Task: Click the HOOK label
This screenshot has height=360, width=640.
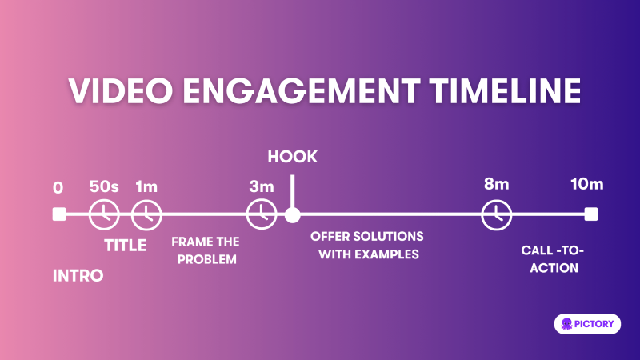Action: coord(293,156)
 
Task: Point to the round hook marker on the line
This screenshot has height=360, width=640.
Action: coord(293,214)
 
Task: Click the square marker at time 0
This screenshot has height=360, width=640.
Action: coord(58,214)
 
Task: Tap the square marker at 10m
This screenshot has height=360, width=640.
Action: coord(590,214)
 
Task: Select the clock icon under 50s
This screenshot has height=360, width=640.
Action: coord(104,214)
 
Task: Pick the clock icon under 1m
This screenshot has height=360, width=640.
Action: coord(146,214)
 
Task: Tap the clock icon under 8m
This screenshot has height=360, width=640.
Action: coord(496,214)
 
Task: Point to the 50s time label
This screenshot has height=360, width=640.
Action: coord(104,187)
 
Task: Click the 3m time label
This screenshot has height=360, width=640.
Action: coord(261,187)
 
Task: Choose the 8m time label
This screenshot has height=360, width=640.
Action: coord(496,184)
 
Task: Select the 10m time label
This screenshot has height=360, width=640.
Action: coord(586,184)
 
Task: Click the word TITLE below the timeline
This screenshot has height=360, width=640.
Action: coord(126,246)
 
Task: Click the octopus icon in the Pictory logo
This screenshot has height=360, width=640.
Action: coord(567,323)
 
